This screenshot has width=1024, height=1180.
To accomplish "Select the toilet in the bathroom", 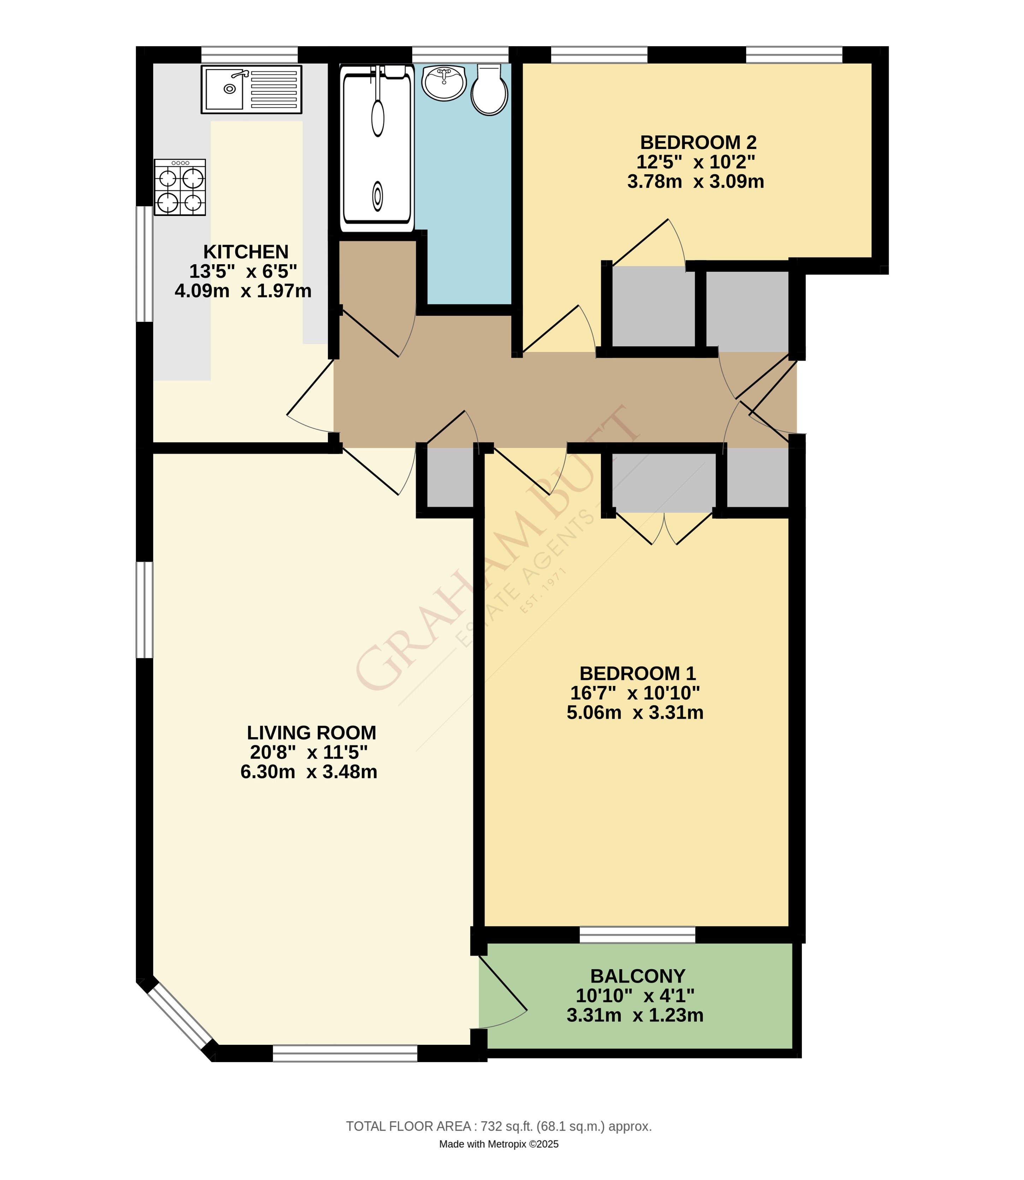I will [x=489, y=90].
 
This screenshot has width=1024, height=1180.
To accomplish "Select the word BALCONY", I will [x=638, y=976].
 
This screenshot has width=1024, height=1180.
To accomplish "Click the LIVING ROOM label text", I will [x=312, y=733].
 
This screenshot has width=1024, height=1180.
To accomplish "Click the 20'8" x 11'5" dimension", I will [x=309, y=752].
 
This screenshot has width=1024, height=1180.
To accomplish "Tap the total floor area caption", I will [x=499, y=1126].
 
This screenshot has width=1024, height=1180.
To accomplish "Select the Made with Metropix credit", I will [x=499, y=1144].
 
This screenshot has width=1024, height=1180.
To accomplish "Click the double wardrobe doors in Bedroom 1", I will [x=664, y=529].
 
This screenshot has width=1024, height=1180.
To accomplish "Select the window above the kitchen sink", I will [x=249, y=55].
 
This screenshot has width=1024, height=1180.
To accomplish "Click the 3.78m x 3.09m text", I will [x=696, y=182].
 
